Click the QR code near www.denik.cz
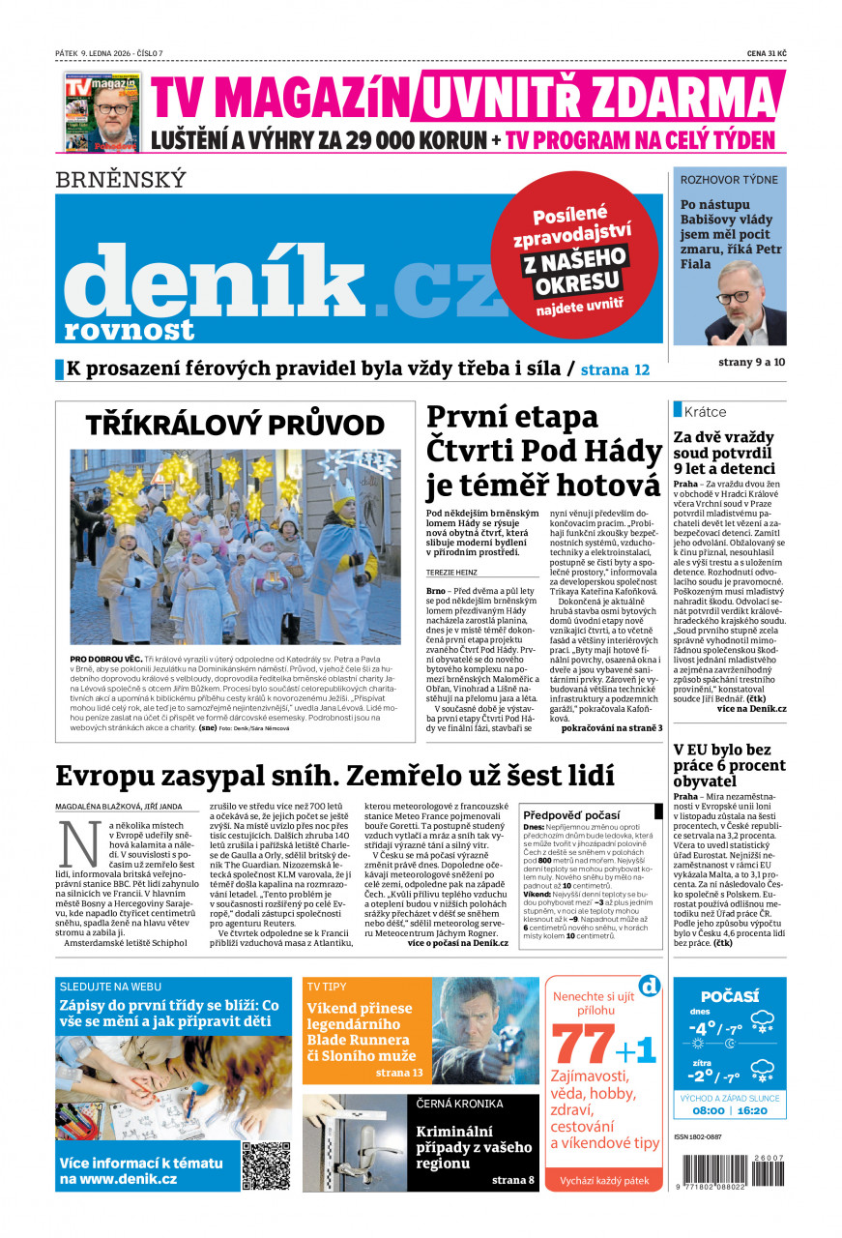click(x=266, y=1165)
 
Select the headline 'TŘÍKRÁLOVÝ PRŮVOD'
click(x=235, y=426)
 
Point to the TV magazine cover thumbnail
click(x=102, y=111)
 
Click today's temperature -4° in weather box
click(x=702, y=1028)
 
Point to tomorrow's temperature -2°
click(x=702, y=1075)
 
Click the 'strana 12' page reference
click(x=615, y=369)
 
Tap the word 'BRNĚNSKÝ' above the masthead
click(x=120, y=180)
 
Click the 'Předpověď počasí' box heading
click(x=570, y=814)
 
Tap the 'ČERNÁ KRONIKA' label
click(x=459, y=1104)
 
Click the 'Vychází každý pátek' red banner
click(x=603, y=1181)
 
